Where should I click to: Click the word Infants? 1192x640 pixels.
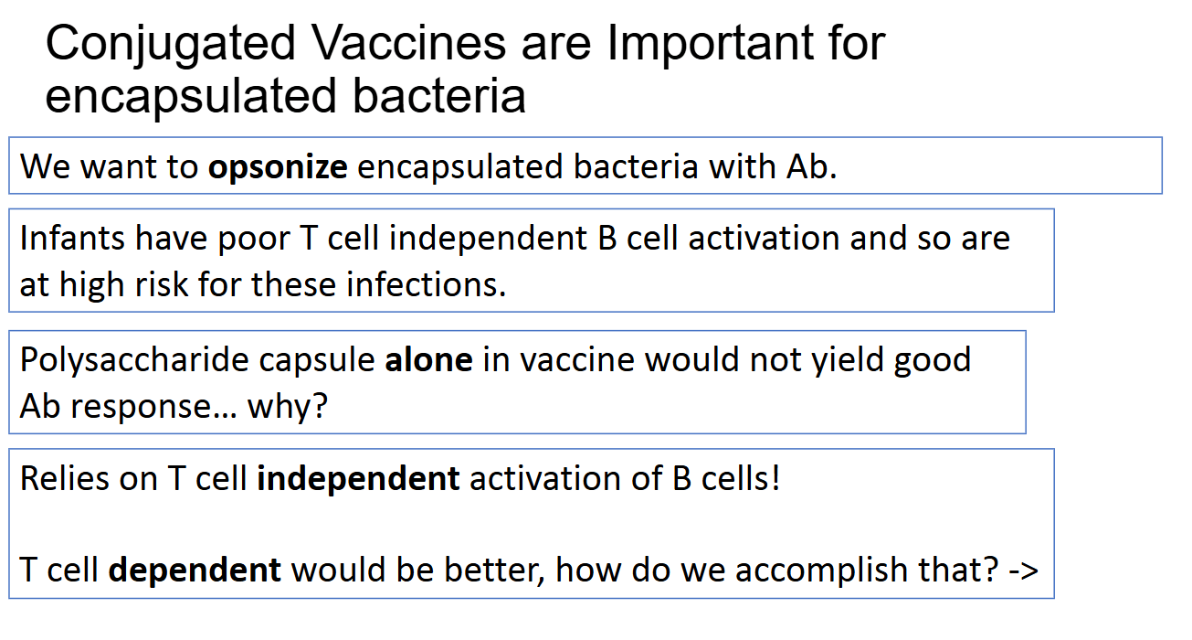coord(72,238)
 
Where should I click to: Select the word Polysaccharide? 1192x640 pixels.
coord(134,361)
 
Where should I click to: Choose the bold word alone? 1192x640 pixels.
coord(429,359)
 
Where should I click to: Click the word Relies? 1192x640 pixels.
coord(64,477)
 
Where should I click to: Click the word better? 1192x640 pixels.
coord(495,571)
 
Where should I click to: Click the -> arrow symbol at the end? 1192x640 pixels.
coord(1023,571)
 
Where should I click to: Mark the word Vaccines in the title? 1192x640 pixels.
coord(408,44)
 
